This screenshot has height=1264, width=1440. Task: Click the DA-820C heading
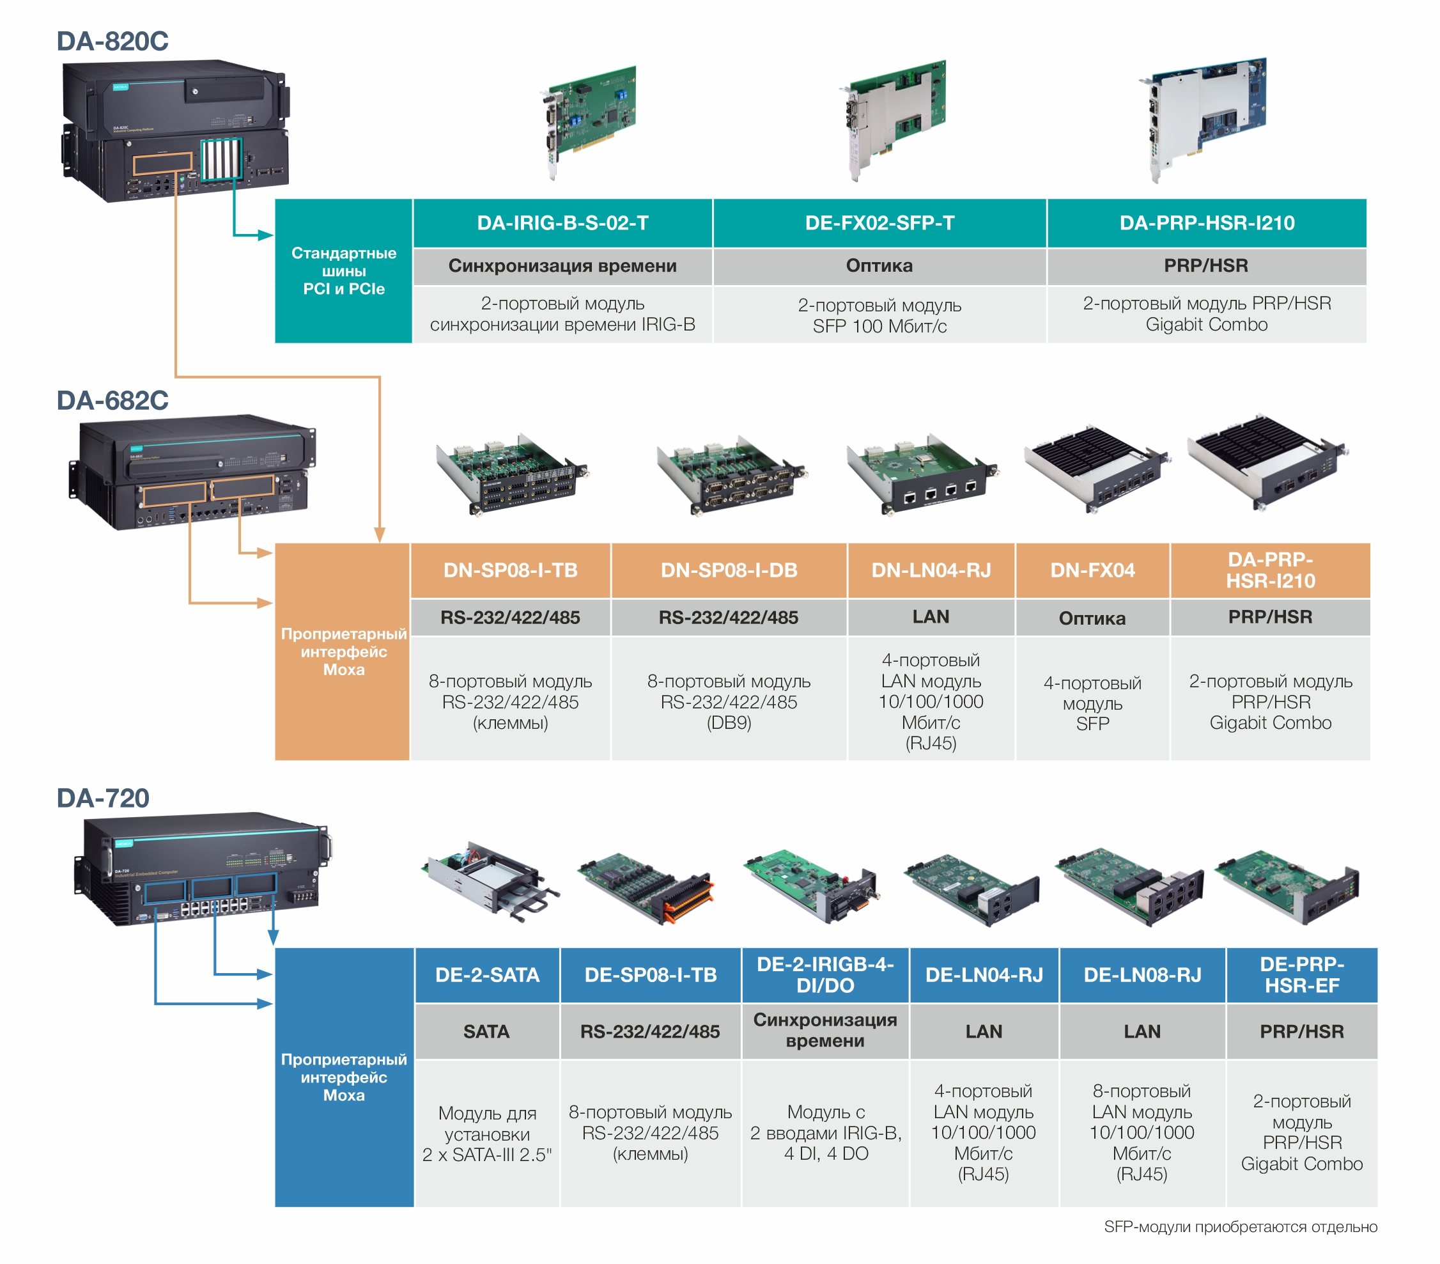point(112,41)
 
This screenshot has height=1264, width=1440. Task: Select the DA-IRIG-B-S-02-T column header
point(562,223)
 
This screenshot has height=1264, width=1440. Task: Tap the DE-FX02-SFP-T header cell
point(879,223)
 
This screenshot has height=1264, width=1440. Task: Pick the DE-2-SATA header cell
point(487,974)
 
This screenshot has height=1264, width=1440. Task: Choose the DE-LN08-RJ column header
point(1142,974)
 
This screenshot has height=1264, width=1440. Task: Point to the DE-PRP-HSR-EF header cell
point(1301,974)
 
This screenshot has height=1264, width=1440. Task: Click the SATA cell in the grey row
point(486,1031)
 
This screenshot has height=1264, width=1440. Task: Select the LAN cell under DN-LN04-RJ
point(931,616)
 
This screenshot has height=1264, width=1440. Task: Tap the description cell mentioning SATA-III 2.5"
point(487,1133)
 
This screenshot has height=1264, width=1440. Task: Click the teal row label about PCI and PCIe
point(344,270)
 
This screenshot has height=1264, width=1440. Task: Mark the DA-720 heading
point(103,797)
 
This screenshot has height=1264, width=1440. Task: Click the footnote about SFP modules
point(1240,1227)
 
